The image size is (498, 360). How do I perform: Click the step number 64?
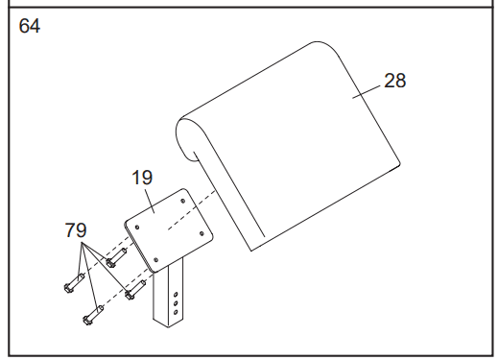(30, 26)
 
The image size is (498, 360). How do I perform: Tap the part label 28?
(394, 81)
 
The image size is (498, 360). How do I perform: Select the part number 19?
(142, 178)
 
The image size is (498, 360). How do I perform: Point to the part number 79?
(76, 230)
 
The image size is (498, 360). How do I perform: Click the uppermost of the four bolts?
(116, 257)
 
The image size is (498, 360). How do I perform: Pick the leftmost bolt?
(74, 283)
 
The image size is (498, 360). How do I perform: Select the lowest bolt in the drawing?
(93, 315)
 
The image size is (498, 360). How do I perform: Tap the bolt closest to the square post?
(135, 290)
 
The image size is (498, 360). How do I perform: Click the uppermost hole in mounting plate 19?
(183, 201)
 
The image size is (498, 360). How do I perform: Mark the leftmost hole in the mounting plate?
(137, 228)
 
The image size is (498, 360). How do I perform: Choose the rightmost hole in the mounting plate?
(202, 233)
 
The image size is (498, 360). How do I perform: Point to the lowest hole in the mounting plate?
(156, 260)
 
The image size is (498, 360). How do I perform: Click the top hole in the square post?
(176, 294)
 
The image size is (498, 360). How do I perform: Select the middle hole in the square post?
(176, 303)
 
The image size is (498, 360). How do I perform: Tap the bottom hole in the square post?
(176, 312)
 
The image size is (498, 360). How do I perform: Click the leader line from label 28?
(367, 92)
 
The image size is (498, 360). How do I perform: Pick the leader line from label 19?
(150, 201)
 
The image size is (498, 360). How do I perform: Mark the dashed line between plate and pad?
(192, 210)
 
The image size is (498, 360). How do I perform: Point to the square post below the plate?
(168, 295)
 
